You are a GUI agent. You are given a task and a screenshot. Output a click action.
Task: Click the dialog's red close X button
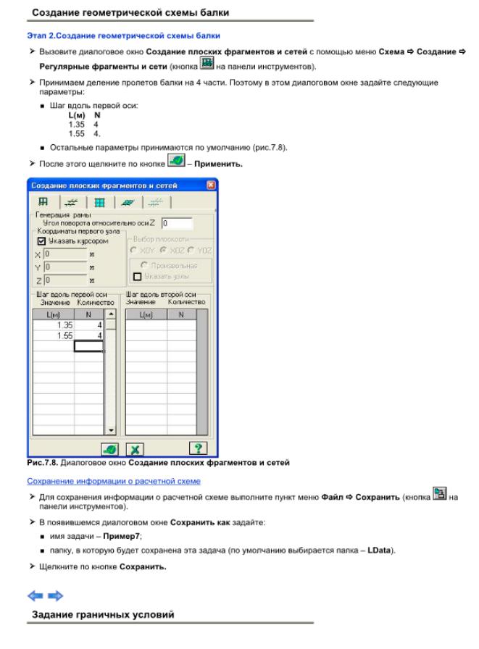211,186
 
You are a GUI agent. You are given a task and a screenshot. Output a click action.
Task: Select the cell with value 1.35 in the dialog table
54,325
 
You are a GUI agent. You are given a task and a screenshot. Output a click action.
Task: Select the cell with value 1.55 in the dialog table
54,335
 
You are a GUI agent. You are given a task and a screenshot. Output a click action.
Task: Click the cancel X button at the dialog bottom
136,449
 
